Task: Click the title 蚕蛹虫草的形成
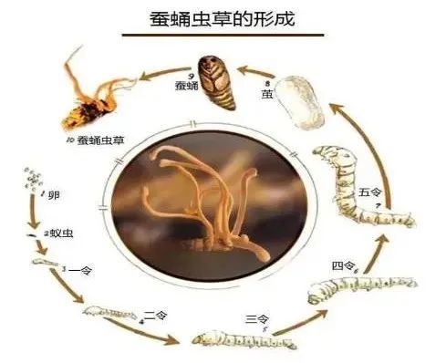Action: (223, 19)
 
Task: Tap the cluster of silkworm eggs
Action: (33, 177)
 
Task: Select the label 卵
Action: (54, 196)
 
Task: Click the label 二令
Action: (156, 316)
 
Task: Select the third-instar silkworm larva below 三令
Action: (242, 342)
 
